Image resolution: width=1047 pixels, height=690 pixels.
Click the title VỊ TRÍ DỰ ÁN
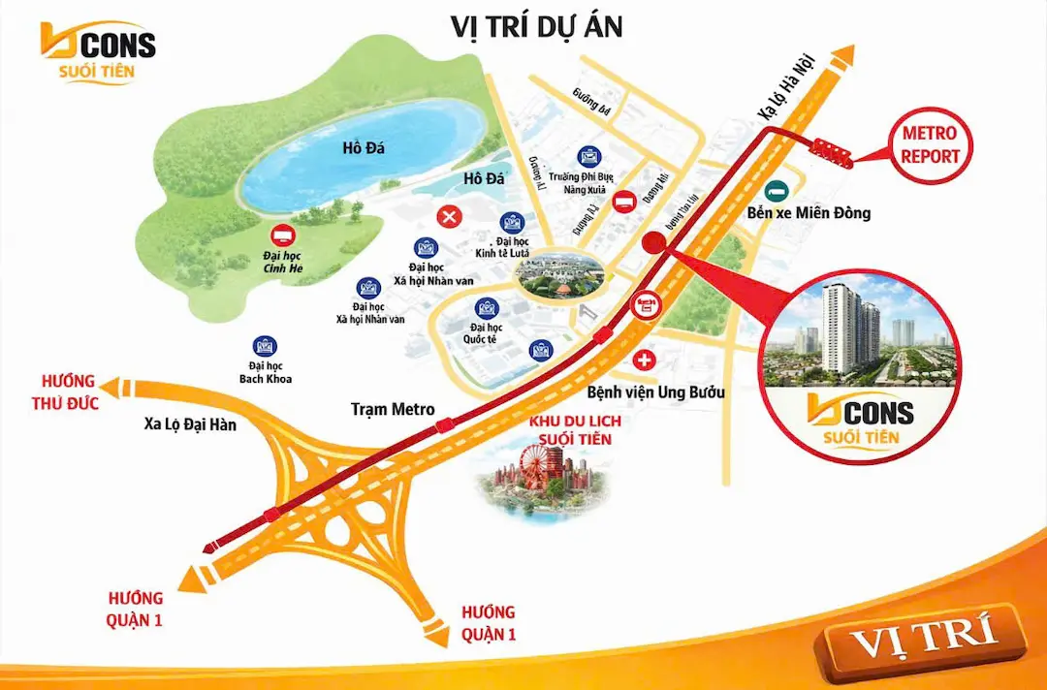pos(536,26)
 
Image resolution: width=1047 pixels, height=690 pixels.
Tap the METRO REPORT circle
pos(930,144)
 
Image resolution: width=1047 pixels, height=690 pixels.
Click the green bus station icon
pos(776,191)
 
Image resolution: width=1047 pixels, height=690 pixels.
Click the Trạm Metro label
pos(392,410)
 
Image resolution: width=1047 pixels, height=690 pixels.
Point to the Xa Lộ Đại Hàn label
pos(189,423)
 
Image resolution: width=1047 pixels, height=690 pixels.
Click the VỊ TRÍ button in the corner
pos(923,641)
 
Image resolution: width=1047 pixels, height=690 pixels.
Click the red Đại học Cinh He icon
pos(283,234)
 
